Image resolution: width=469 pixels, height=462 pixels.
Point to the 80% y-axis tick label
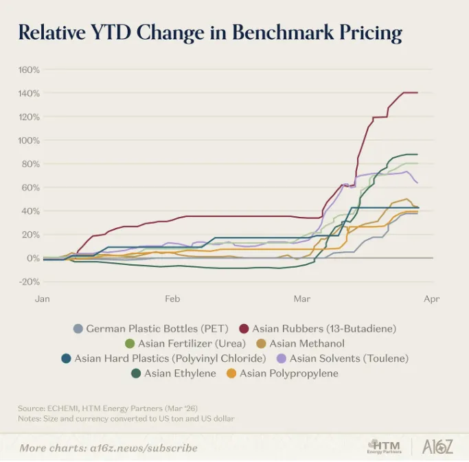[30, 164]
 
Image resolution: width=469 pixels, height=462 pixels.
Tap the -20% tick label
[29, 281]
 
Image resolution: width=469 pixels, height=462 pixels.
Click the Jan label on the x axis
[43, 299]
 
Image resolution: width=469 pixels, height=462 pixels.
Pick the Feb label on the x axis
[172, 299]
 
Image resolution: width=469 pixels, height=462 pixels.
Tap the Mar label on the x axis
[301, 299]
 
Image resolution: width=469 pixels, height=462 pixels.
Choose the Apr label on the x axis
[431, 299]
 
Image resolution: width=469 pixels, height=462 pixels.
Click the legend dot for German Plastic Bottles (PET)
[78, 329]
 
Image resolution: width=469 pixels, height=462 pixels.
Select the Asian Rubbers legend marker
[244, 329]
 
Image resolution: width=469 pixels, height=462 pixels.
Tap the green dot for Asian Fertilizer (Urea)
[130, 343]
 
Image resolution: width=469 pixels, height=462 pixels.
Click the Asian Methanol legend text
[307, 343]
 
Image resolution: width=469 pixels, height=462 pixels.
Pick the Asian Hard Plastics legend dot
[66, 358]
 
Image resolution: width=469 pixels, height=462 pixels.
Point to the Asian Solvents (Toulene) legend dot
[282, 358]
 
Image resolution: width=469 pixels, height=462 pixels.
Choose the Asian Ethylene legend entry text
[180, 373]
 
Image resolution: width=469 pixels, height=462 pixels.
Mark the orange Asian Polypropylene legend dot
[231, 373]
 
